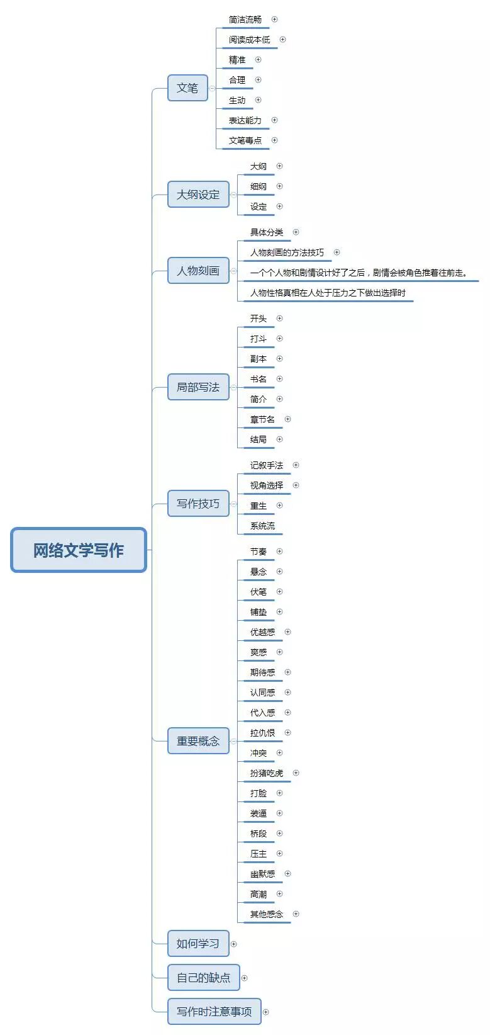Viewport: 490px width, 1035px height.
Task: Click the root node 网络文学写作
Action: click(79, 550)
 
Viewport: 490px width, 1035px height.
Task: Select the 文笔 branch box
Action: click(187, 88)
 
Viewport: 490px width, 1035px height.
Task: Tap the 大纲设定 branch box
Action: click(198, 195)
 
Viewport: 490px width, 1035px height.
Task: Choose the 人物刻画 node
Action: click(198, 271)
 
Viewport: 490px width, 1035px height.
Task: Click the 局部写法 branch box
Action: click(198, 387)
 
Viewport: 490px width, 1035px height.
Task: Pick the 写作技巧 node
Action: click(198, 504)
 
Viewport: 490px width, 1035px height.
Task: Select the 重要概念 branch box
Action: click(198, 742)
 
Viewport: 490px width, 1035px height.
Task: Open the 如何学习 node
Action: click(198, 944)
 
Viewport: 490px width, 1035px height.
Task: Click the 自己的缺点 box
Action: click(203, 978)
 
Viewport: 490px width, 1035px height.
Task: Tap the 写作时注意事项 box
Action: click(214, 1012)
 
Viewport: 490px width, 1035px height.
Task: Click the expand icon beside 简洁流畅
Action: click(274, 20)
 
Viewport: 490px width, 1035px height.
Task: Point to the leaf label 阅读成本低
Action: click(249, 40)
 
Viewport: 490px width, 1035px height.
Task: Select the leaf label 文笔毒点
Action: click(245, 140)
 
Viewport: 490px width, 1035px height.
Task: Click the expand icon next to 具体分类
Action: click(296, 232)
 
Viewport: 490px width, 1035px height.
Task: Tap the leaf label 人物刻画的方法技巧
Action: click(287, 252)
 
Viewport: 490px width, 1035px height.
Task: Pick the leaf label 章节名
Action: click(262, 419)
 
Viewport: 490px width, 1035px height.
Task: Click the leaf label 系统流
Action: click(262, 526)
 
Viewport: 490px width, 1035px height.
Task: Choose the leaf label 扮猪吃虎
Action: click(267, 773)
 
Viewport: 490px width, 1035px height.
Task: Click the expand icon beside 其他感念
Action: click(296, 914)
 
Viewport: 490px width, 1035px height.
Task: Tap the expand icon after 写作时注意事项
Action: click(266, 1012)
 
